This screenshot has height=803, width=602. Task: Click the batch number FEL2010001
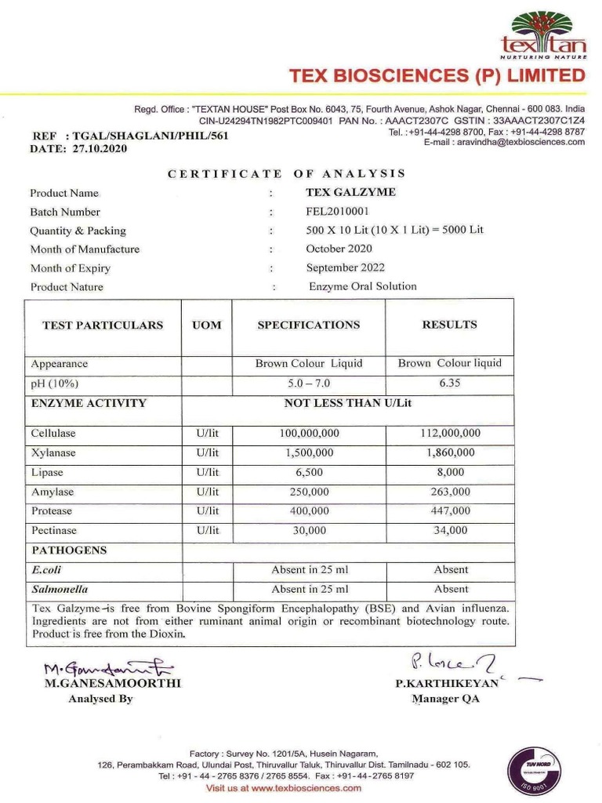click(x=337, y=212)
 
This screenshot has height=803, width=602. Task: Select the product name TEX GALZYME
click(x=350, y=192)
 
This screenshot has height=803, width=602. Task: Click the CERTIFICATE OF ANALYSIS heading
click(x=287, y=173)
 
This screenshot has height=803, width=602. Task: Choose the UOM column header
click(x=207, y=325)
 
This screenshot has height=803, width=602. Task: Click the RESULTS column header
click(x=449, y=325)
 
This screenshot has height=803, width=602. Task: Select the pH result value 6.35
click(x=450, y=383)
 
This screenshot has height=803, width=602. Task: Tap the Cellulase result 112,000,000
click(x=450, y=433)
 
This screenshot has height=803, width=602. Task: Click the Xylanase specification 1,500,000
click(x=308, y=452)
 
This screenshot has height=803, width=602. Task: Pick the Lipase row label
click(x=47, y=473)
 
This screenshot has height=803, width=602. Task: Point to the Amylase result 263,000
click(x=450, y=492)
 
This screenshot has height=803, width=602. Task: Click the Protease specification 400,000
click(x=308, y=511)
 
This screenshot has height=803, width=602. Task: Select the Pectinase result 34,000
click(x=450, y=531)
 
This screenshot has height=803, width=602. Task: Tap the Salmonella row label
click(x=60, y=589)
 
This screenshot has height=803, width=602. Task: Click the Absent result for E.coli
click(x=451, y=570)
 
